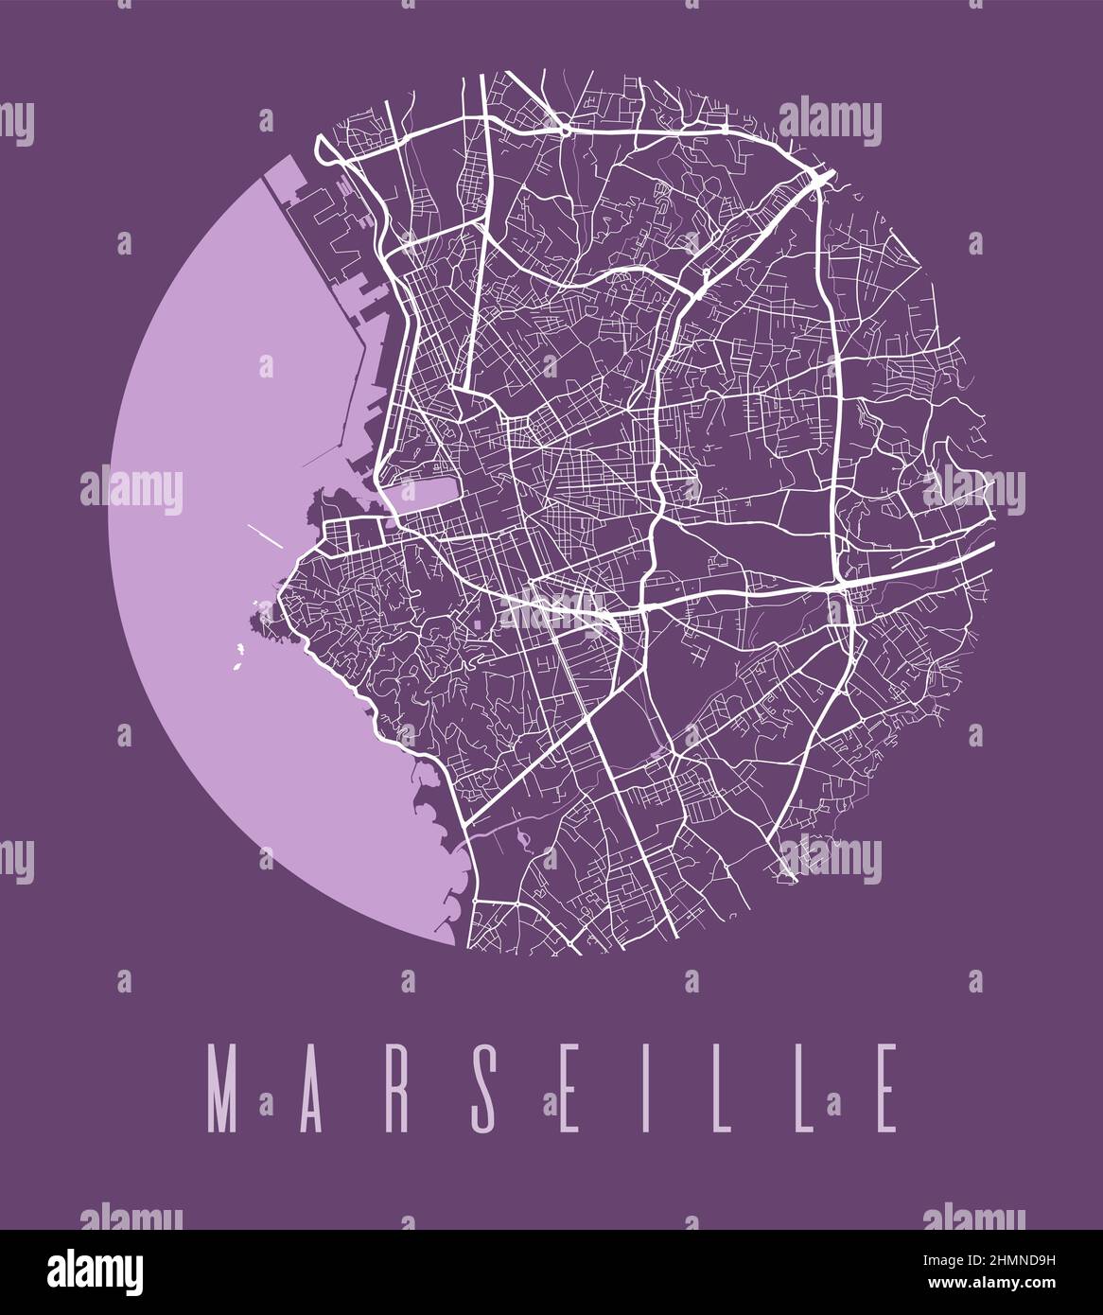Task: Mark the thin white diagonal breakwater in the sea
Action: click(x=264, y=535)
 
